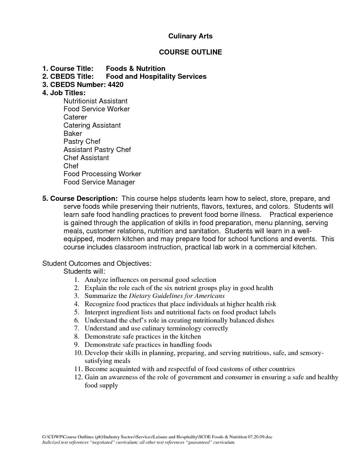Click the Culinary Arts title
(x=190, y=36)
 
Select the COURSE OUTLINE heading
(x=190, y=52)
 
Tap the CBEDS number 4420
(x=115, y=85)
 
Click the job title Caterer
(x=75, y=117)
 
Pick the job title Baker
(x=73, y=133)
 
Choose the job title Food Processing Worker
(x=102, y=174)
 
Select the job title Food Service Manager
(x=99, y=182)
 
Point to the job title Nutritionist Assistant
(x=95, y=101)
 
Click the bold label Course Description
(x=80, y=199)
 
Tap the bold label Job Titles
(x=64, y=93)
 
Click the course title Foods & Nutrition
(x=136, y=69)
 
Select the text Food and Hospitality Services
(x=156, y=77)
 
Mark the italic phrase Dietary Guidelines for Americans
(x=177, y=296)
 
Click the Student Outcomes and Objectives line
(x=97, y=264)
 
